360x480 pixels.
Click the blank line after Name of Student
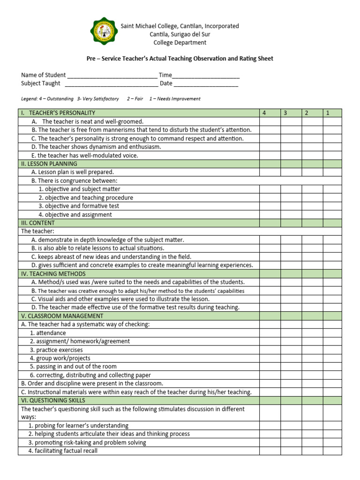click(x=112, y=75)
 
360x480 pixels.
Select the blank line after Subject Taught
click(x=111, y=84)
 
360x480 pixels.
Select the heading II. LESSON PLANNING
click(x=49, y=164)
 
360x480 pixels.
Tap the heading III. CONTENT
click(x=37, y=223)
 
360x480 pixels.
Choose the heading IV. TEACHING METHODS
click(x=53, y=274)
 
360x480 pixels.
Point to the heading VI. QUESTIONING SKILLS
click(x=53, y=400)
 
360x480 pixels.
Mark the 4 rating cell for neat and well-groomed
click(x=270, y=121)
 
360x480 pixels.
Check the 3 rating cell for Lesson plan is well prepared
click(x=291, y=172)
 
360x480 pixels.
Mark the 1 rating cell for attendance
click(x=332, y=333)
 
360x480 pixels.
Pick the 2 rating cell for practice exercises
click(x=312, y=350)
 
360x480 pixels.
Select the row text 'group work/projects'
click(x=60, y=358)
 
